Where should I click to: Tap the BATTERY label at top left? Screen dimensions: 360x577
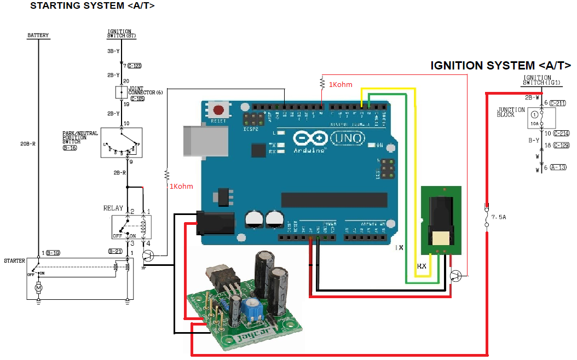(x=38, y=36)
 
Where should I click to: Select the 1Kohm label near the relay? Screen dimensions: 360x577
(x=181, y=187)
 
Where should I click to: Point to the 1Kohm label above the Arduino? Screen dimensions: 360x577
(x=340, y=85)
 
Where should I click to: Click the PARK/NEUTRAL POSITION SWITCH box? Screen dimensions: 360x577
(x=121, y=143)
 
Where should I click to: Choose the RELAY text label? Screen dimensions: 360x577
(x=113, y=208)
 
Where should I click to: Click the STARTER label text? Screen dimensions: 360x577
(x=14, y=261)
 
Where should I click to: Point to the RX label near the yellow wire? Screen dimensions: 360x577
(x=422, y=266)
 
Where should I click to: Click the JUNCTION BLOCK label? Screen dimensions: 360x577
(x=510, y=112)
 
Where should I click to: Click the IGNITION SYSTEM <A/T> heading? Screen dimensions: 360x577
(x=500, y=66)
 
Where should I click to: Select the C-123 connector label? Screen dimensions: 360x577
(x=135, y=65)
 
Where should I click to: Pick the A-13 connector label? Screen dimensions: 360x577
(x=558, y=167)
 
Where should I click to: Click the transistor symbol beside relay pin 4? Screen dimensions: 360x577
(x=148, y=256)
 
